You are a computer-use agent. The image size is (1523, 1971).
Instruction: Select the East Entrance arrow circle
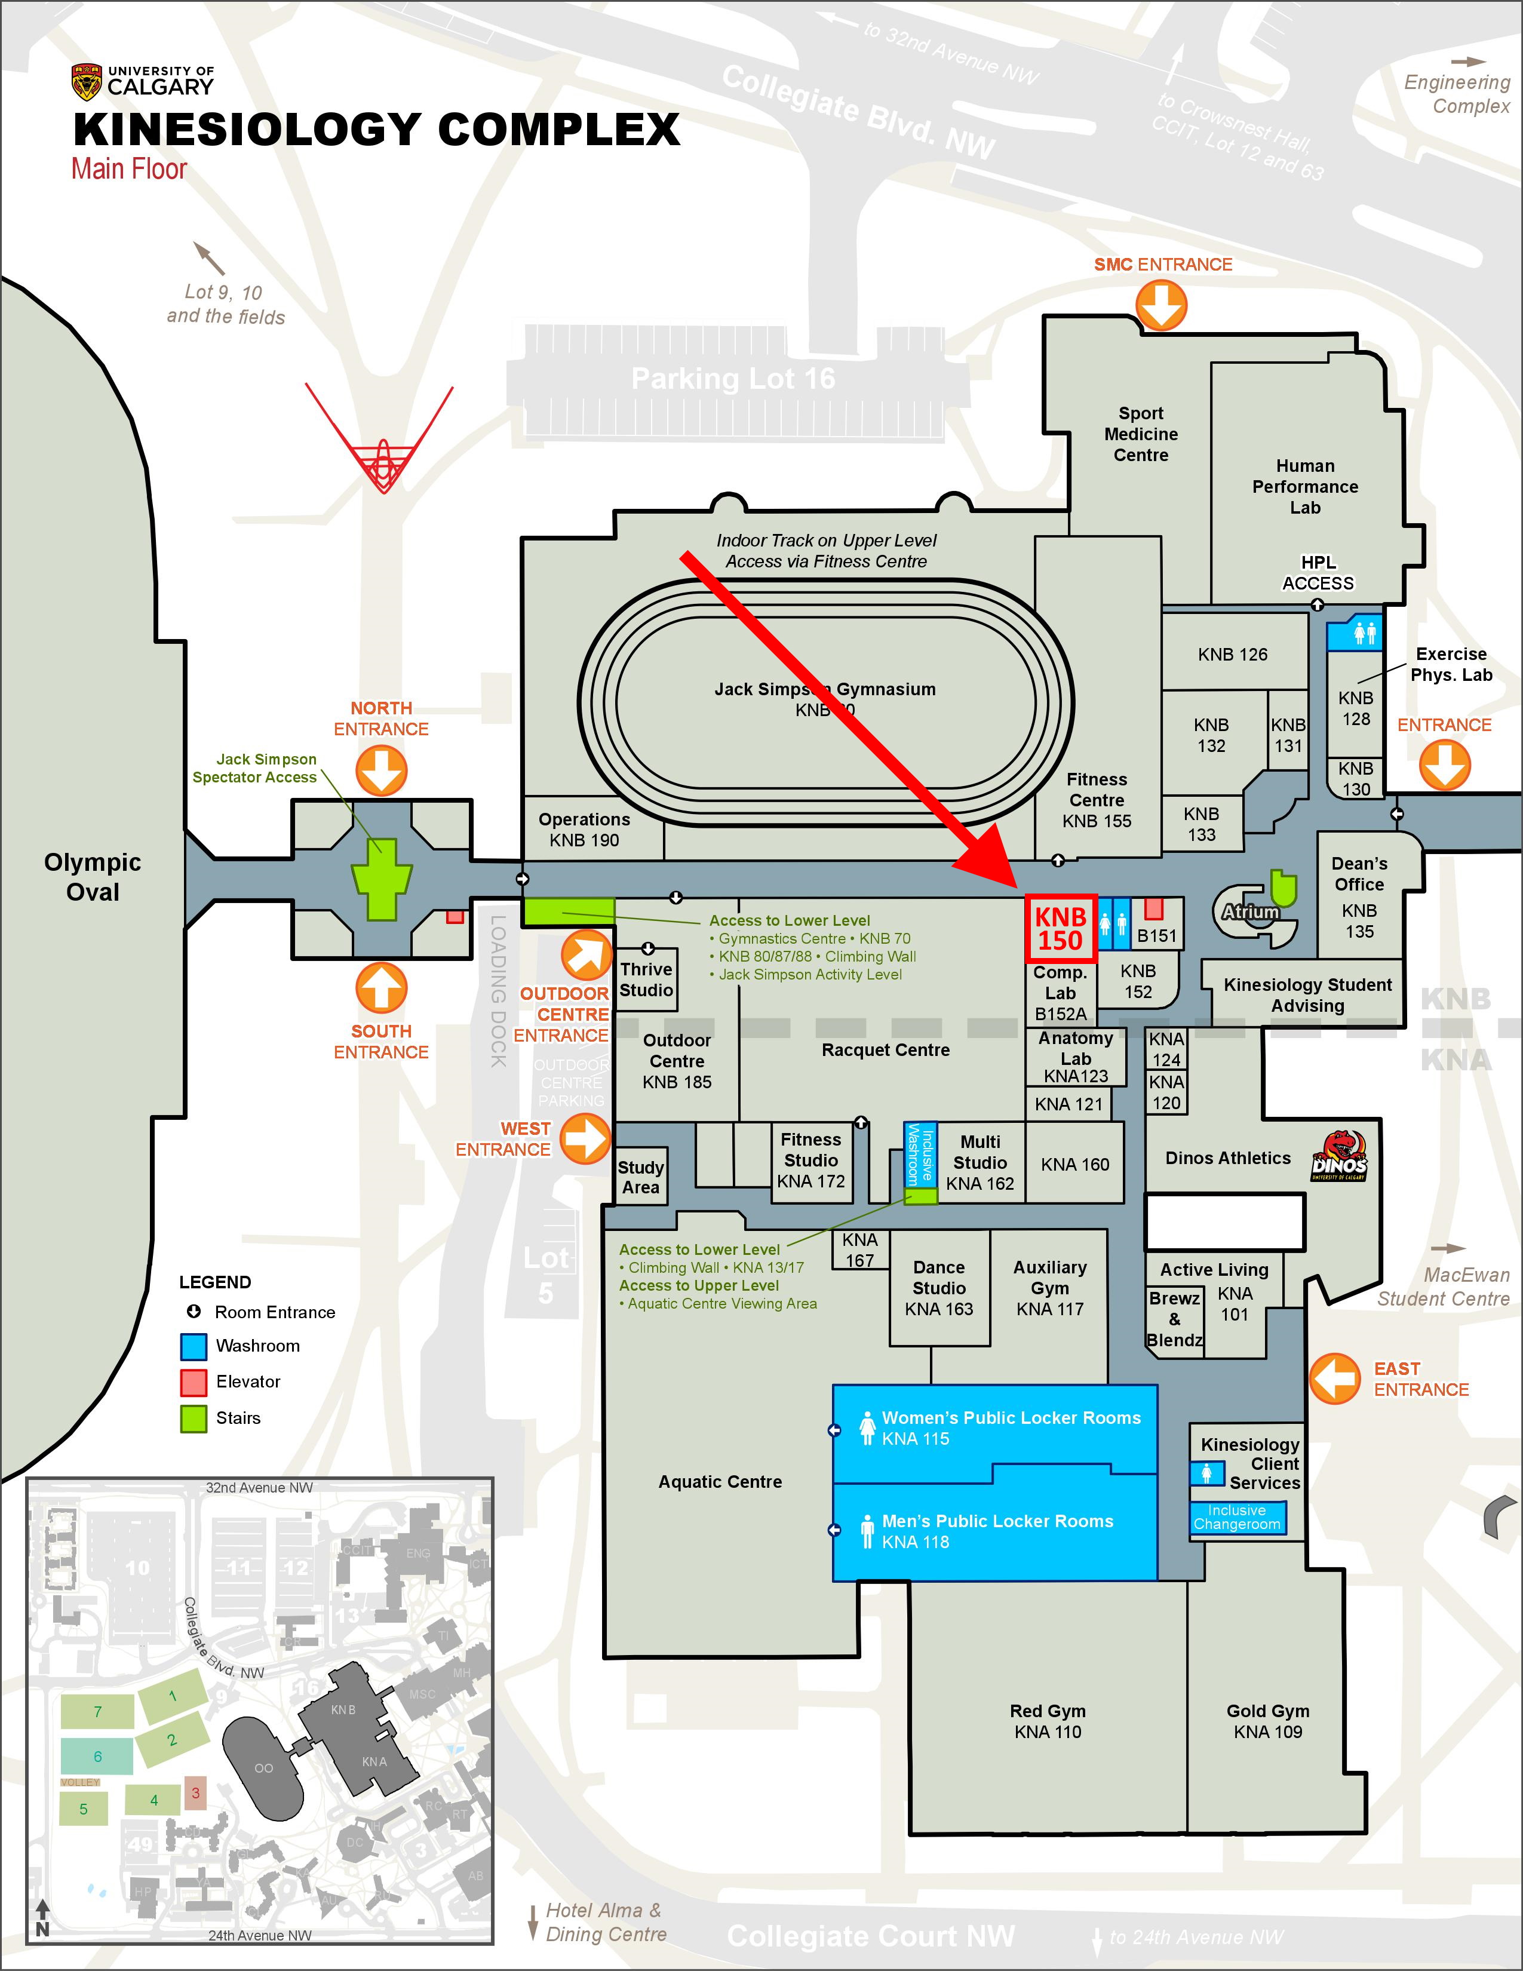point(1334,1378)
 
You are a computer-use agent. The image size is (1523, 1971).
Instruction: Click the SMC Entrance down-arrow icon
point(1161,305)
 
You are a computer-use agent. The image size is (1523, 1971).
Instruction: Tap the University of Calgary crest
point(87,82)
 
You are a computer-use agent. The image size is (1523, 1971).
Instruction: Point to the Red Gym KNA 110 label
point(1048,1721)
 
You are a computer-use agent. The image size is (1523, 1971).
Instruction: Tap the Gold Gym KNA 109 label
point(1267,1721)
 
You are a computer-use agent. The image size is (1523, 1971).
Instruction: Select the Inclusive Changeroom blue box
point(1237,1517)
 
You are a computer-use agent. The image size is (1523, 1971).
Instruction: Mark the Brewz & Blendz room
point(1175,1319)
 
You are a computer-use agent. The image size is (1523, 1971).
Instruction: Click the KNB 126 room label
point(1233,654)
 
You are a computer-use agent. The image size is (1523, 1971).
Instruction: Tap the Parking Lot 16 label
point(733,378)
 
